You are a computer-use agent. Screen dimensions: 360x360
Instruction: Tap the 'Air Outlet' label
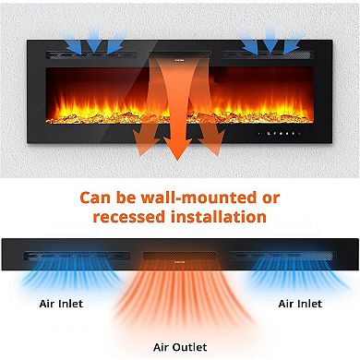pos(179,347)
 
